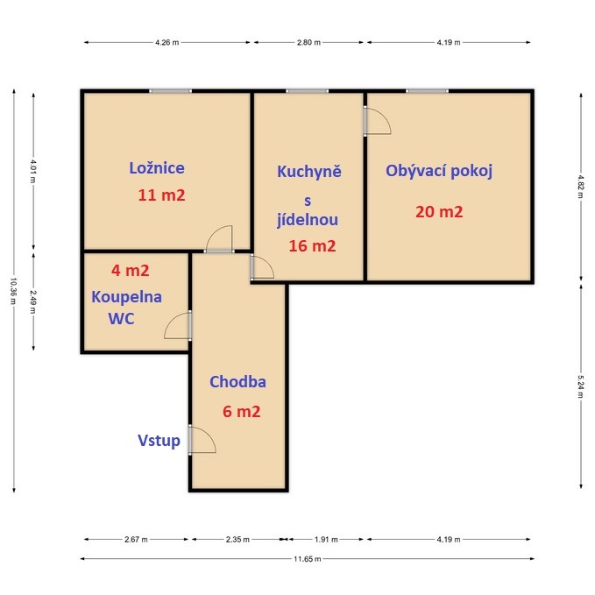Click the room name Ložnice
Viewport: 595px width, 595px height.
[157, 168]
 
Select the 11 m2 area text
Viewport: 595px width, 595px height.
[161, 195]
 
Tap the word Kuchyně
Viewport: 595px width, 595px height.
[308, 172]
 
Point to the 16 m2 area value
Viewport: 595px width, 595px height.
[312, 246]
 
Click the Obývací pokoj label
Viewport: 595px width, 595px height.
[439, 171]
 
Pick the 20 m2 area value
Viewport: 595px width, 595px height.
[439, 211]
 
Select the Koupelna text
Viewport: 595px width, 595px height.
[126, 296]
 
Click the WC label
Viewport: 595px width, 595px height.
[121, 319]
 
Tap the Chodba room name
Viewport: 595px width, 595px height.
[237, 382]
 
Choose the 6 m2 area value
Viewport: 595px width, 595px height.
[241, 411]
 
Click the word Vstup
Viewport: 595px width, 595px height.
[159, 441]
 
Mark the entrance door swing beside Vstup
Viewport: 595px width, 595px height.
[202, 440]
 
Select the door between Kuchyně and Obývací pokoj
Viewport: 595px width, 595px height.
[376, 121]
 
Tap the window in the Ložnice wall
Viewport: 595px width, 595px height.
[170, 90]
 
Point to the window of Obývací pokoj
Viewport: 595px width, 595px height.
[427, 90]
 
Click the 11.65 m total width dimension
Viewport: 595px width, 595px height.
[308, 558]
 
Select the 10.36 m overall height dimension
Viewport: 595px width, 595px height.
[13, 290]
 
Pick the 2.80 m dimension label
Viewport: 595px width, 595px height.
[308, 42]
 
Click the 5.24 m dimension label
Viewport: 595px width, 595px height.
[580, 386]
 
